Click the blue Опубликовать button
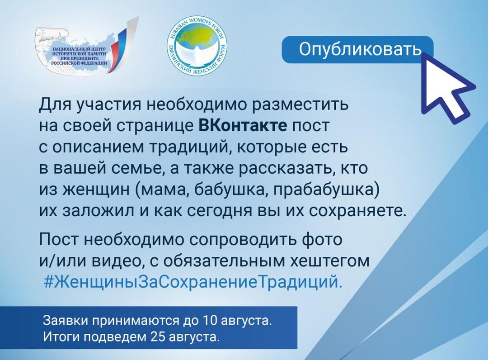point(357,49)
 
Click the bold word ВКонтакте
point(243,125)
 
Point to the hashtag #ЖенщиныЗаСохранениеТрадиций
point(193,282)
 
